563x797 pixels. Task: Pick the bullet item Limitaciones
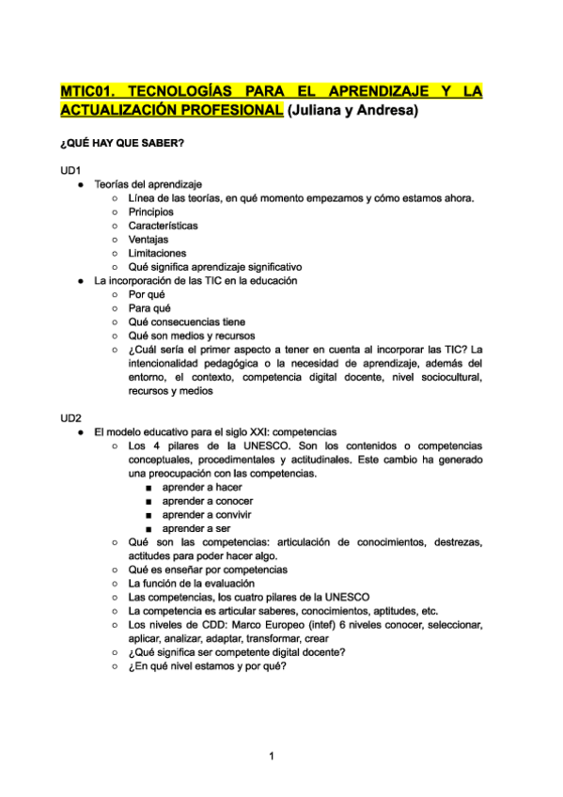157,253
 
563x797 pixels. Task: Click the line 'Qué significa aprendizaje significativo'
215,267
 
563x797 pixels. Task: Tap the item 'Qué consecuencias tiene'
186,321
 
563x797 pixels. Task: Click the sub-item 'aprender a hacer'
202,487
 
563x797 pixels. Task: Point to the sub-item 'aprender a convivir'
207,515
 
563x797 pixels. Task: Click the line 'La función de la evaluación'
191,584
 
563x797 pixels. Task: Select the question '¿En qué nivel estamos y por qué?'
207,666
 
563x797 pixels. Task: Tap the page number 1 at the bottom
271,756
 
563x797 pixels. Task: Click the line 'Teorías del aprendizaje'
148,184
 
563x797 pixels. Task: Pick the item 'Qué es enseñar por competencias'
208,570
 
